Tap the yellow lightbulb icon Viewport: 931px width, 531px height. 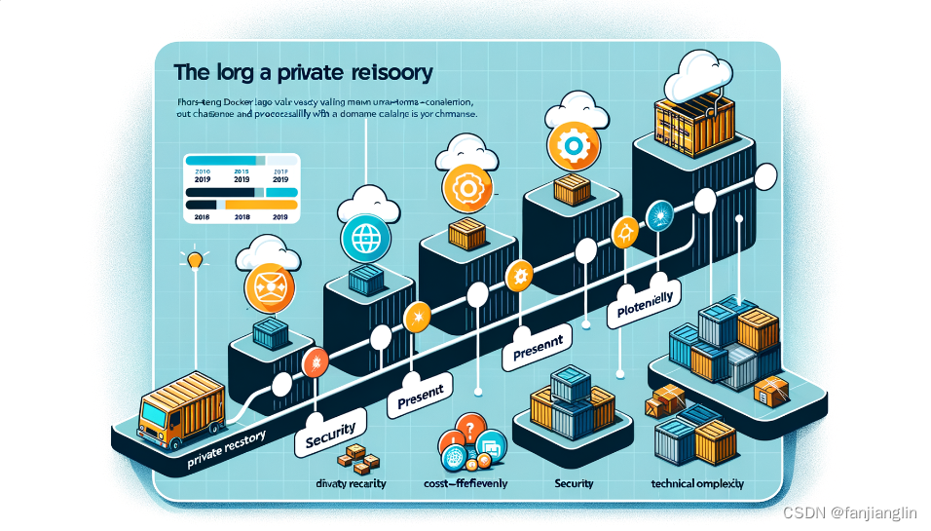click(194, 260)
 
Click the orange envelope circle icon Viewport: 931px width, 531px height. click(267, 284)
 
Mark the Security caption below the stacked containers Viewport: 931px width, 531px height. click(574, 483)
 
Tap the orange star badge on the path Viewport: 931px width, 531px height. click(419, 316)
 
